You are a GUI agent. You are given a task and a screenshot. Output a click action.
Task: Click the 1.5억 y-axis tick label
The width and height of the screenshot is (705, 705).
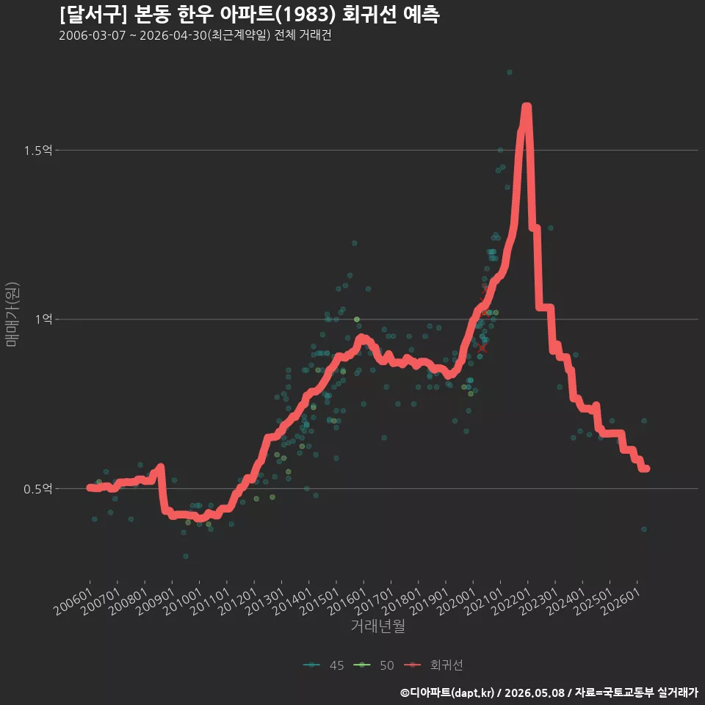pyautogui.click(x=37, y=150)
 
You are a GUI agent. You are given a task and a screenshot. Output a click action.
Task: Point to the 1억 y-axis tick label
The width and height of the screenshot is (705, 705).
pyautogui.click(x=43, y=319)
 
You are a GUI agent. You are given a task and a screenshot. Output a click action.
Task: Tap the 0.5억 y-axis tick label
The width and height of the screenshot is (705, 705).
pyautogui.click(x=37, y=489)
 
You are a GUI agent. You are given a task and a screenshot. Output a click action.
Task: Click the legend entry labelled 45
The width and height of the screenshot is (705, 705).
pyautogui.click(x=324, y=665)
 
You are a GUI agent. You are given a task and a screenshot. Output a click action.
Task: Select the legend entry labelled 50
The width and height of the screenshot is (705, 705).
pyautogui.click(x=374, y=665)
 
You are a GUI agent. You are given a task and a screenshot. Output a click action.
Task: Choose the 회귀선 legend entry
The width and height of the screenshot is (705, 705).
pyautogui.click(x=433, y=665)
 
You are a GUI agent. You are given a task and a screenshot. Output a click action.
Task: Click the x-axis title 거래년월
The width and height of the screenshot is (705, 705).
pyautogui.click(x=377, y=626)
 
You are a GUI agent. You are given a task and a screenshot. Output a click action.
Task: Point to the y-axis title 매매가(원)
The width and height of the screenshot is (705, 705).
pyautogui.click(x=12, y=314)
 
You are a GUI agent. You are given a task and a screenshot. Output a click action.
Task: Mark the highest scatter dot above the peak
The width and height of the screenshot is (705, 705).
pyautogui.click(x=510, y=73)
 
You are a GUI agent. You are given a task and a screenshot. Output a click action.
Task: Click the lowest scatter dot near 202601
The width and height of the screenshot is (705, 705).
pyautogui.click(x=644, y=529)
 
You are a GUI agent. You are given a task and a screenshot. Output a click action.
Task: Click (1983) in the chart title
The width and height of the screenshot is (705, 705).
pyautogui.click(x=305, y=15)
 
